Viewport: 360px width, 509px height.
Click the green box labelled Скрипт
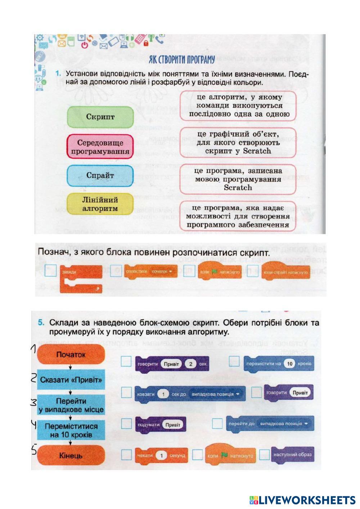coord(100,117)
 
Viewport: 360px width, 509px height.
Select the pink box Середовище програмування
coord(100,147)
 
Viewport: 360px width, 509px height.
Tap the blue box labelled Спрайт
coord(100,176)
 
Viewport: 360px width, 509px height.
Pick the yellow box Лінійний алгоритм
coord(100,204)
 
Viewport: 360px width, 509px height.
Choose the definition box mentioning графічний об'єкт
coord(237,143)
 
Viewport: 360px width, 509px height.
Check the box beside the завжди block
coord(51,271)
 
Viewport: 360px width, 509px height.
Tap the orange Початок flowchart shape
coord(71,355)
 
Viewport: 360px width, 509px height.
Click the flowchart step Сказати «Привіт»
coord(71,380)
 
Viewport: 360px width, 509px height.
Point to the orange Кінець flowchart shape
coord(71,456)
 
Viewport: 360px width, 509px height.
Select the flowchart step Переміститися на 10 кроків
coord(71,431)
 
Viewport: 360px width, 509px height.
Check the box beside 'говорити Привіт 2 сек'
coord(126,361)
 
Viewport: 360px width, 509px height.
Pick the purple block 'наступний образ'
coord(292,454)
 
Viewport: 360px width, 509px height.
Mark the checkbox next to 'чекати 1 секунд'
coord(126,455)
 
